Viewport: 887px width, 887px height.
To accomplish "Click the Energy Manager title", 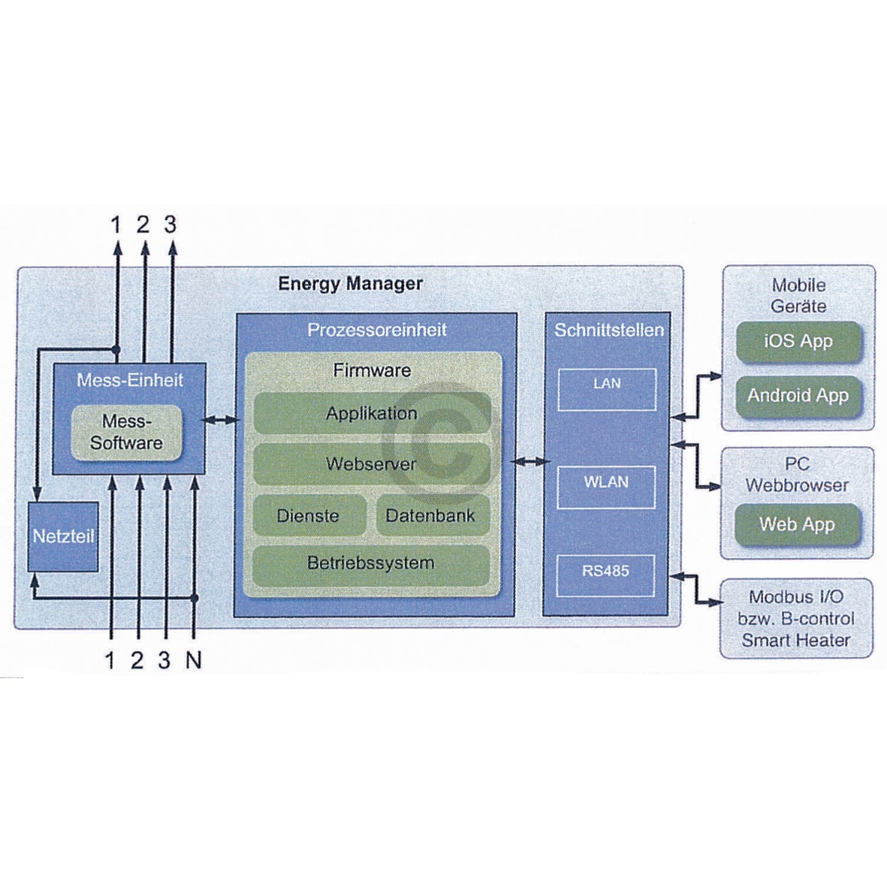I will (x=350, y=284).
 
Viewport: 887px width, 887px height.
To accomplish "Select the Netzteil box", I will (x=63, y=536).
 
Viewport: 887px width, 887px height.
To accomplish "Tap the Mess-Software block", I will (x=126, y=432).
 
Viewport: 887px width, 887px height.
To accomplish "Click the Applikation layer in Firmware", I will (x=372, y=414).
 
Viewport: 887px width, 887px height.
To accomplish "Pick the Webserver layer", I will (x=372, y=464).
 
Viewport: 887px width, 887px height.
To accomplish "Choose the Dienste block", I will (x=308, y=516).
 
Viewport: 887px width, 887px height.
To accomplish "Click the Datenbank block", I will (x=431, y=516).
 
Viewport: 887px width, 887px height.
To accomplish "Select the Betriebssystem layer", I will (x=371, y=563).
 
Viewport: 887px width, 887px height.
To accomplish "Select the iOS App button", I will (x=798, y=341).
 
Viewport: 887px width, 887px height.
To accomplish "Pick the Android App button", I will (x=798, y=396).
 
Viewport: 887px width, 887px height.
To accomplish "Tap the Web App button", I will (x=797, y=524).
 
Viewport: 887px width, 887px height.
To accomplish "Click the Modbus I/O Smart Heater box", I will (x=796, y=619).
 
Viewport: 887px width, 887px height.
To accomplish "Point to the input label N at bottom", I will (x=194, y=661).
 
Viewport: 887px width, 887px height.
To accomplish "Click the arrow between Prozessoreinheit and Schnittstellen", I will (x=529, y=461).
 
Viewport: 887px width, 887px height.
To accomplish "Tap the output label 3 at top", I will (x=170, y=224).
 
